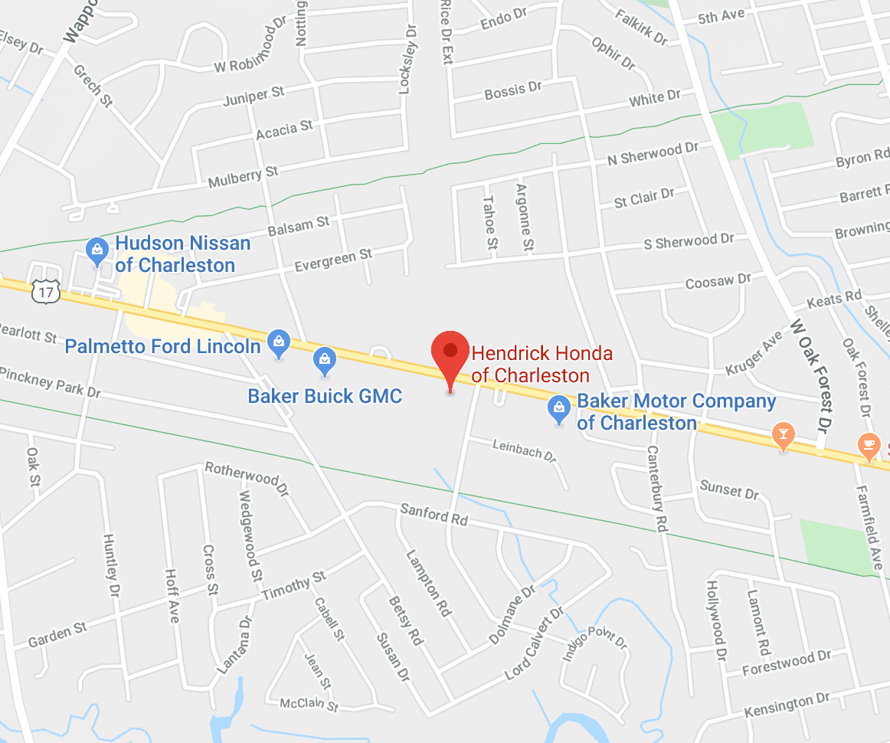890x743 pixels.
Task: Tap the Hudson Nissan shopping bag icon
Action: coord(97,249)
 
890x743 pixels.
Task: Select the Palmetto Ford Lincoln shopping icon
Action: coord(278,342)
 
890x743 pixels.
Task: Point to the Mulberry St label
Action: coord(244,178)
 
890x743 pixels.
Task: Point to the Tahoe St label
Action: coord(489,223)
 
